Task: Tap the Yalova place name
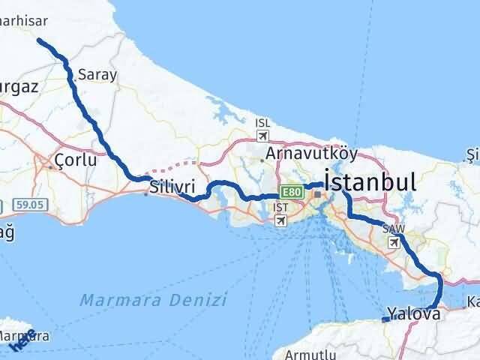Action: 413,313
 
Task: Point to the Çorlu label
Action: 76,160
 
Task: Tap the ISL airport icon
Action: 262,135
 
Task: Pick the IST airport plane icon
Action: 280,220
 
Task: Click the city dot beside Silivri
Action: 146,193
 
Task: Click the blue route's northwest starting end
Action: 39,42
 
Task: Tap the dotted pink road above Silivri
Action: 176,165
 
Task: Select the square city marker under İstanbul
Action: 317,194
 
